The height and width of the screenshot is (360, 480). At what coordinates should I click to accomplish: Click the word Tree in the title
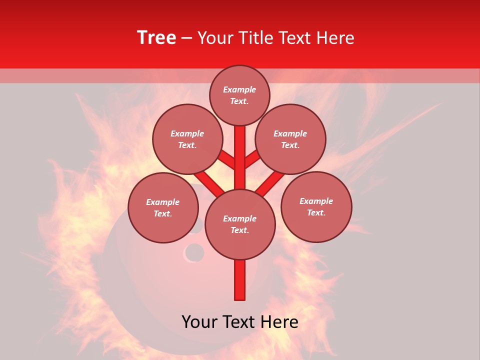tap(156, 37)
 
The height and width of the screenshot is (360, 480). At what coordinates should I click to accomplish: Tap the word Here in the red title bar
tap(334, 38)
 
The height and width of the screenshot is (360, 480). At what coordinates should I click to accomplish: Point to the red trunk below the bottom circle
tap(240, 280)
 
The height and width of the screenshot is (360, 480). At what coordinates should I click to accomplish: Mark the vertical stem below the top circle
tap(240, 150)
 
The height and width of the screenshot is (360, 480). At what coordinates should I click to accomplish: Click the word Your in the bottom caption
tap(199, 322)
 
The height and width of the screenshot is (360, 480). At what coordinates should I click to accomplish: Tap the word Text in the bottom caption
tap(239, 322)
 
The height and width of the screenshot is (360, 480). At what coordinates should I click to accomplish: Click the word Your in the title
tap(215, 38)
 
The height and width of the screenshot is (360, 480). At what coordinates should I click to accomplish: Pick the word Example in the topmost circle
tap(239, 90)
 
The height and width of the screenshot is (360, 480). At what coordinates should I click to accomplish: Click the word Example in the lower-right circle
tap(316, 201)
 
